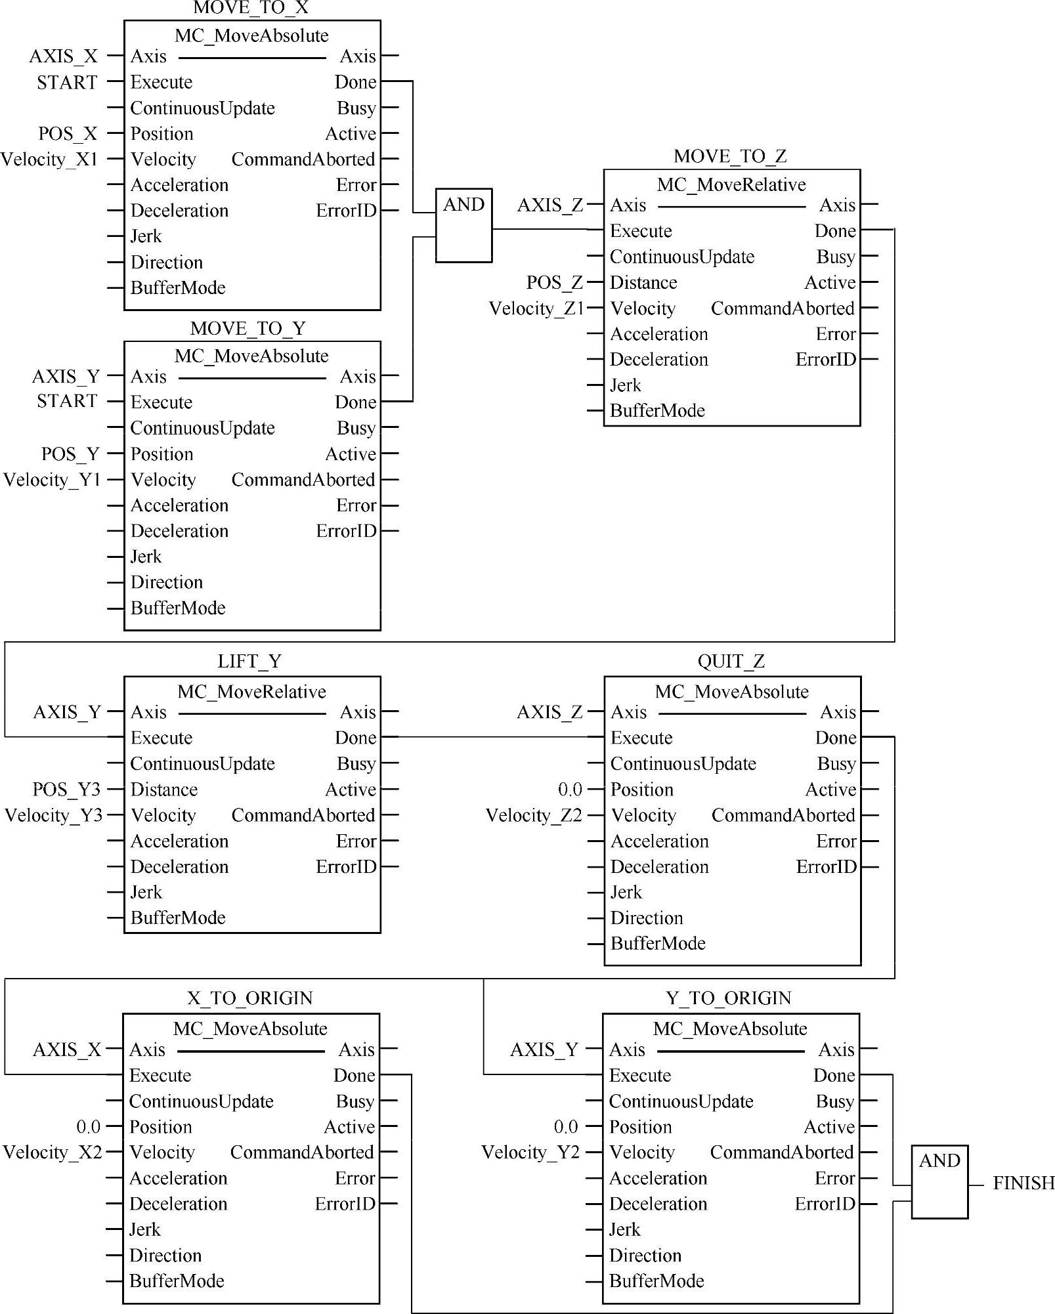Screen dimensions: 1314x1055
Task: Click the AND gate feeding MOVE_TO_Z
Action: (463, 225)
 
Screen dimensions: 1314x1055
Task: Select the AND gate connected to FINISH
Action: (939, 1181)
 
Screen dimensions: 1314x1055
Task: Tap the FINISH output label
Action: (1023, 1183)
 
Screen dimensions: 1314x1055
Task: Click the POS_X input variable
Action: (67, 134)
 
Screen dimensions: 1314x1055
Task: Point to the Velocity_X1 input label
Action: (49, 159)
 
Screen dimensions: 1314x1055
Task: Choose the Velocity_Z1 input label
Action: (536, 308)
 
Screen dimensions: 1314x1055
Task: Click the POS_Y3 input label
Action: (66, 789)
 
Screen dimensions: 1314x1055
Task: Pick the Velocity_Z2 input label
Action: (534, 815)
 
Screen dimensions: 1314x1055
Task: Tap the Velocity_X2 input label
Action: (53, 1152)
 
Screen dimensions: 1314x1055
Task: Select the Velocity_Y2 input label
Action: (530, 1152)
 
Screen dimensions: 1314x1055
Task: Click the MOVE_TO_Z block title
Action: (730, 156)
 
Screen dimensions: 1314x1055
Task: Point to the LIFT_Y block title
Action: (249, 662)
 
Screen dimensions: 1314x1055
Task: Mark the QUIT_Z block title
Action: (731, 662)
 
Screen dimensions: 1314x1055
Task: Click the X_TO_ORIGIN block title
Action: (249, 998)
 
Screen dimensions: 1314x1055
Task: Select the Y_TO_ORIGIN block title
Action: (728, 998)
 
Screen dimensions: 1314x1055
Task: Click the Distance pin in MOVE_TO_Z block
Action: (643, 283)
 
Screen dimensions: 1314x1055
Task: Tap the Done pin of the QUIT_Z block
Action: (836, 738)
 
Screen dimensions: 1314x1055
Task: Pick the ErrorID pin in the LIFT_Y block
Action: (346, 866)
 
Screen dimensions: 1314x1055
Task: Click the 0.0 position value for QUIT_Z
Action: (570, 789)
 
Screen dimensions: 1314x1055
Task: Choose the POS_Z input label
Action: (554, 283)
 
